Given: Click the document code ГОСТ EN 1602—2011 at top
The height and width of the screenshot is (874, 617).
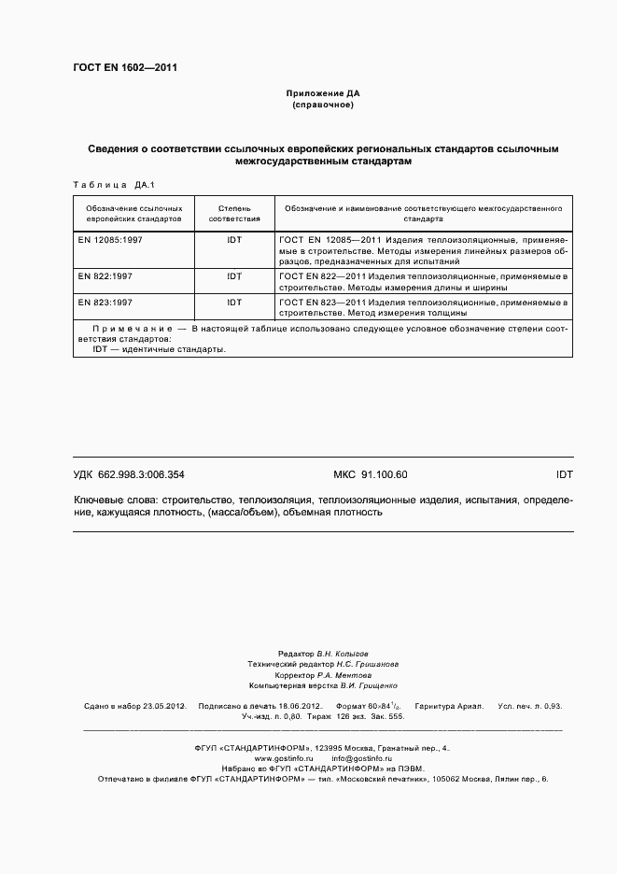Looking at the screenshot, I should [125, 68].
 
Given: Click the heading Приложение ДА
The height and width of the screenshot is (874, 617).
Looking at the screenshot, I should [322, 94].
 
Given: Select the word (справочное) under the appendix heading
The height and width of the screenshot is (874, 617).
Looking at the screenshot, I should [322, 106].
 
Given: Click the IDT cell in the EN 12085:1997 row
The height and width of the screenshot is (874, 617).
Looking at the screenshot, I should [233, 240].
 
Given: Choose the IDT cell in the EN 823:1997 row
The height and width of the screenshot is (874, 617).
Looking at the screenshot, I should [233, 303].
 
